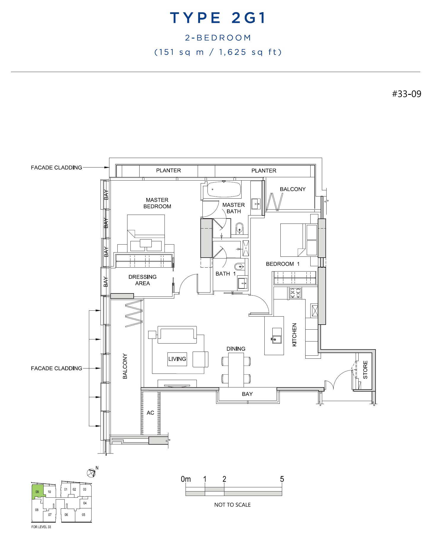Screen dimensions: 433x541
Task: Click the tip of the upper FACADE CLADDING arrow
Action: tap(109, 167)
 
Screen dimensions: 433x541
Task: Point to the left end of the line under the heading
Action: tap(11, 72)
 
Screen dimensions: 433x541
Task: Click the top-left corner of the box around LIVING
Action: tap(167, 352)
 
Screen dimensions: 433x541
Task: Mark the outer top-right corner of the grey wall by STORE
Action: tap(376, 350)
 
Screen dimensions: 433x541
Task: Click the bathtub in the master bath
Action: tap(224, 189)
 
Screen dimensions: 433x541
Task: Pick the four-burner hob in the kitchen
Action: tap(295, 293)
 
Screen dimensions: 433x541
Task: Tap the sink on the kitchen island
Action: tap(277, 336)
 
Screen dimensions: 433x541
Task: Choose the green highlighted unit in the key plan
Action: tap(38, 492)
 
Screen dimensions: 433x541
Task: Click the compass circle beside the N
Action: tap(91, 473)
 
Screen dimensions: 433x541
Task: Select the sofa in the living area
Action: tap(177, 335)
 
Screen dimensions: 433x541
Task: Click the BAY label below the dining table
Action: tap(247, 394)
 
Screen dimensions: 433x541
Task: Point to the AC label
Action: tap(150, 413)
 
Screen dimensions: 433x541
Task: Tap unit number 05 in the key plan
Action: tap(84, 515)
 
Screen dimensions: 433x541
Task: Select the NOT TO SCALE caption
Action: tap(232, 505)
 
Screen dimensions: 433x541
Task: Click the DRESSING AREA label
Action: tap(143, 280)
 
